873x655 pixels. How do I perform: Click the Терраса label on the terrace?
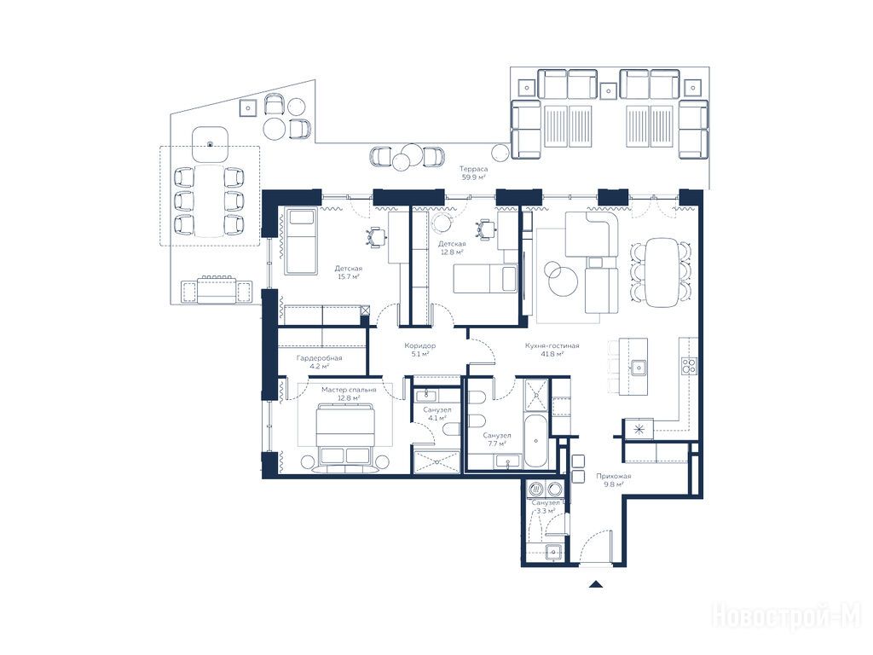click(474, 169)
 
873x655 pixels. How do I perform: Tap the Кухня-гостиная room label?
click(552, 346)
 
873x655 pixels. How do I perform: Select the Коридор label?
click(419, 346)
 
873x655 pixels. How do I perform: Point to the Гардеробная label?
click(319, 358)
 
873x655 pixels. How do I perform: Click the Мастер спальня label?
click(349, 390)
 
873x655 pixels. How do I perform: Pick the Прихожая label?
click(614, 476)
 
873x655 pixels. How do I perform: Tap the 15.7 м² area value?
click(348, 276)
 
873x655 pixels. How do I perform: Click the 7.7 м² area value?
click(497, 443)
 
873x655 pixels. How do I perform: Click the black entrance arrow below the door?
click(596, 584)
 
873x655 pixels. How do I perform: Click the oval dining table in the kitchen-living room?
click(661, 272)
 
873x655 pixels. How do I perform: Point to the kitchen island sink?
click(638, 368)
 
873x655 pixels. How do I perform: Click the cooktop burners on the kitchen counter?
click(689, 366)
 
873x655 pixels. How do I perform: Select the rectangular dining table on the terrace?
click(209, 200)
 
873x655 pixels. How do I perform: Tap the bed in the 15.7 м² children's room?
click(300, 241)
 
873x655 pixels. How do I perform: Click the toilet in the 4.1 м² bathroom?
click(452, 429)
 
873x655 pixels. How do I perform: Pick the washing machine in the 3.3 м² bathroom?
click(536, 489)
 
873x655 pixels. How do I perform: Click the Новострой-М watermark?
click(787, 616)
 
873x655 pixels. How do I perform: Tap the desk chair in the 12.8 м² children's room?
click(484, 229)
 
